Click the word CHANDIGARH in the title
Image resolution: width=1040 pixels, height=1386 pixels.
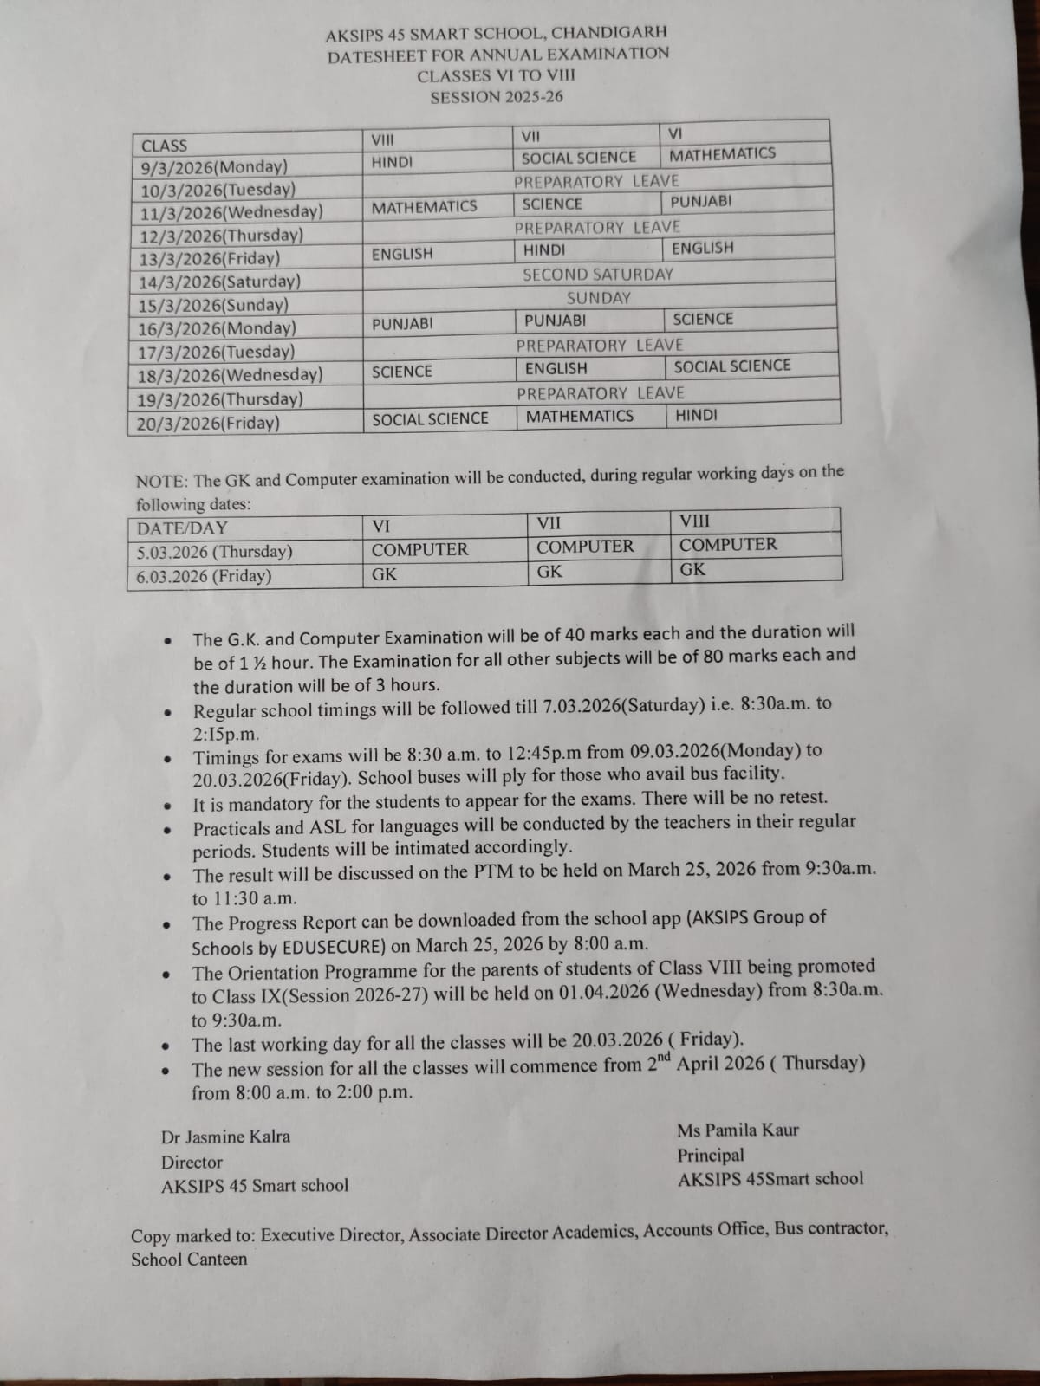609,32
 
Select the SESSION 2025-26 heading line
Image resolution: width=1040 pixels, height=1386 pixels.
497,97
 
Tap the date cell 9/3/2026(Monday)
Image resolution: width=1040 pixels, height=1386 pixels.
214,167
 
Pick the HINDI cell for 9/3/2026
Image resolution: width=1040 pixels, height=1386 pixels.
393,162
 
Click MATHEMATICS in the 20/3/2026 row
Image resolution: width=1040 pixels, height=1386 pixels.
580,416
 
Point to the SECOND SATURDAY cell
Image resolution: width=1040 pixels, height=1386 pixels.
598,275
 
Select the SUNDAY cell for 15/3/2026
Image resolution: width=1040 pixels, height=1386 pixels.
599,298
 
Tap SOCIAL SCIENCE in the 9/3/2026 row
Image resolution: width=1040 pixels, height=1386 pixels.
579,158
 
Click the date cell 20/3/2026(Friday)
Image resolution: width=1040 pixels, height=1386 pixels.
209,424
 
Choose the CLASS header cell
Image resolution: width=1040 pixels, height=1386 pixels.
164,146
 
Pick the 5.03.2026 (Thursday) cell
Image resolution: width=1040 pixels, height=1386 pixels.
215,553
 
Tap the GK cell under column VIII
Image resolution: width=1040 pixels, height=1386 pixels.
692,570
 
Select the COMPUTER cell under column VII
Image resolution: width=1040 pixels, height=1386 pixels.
585,547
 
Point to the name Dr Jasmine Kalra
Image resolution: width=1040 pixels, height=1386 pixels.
225,1137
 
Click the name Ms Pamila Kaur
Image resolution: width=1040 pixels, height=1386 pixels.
738,1130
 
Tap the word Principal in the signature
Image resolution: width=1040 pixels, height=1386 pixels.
711,1156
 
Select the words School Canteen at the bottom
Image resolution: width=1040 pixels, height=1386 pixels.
189,1260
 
